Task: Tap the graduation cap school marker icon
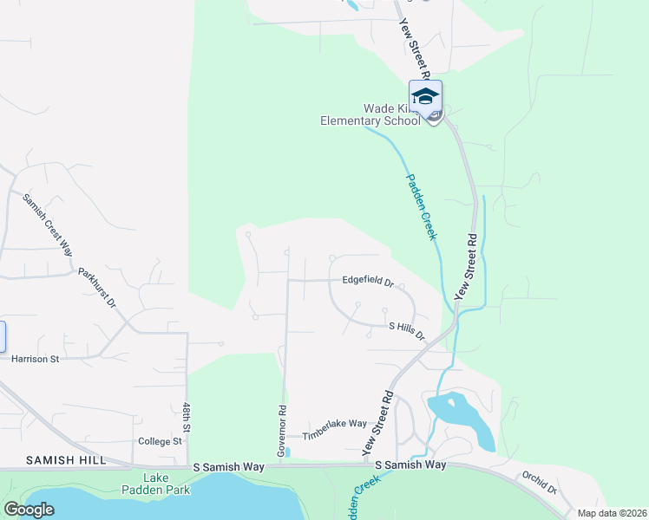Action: pyautogui.click(x=425, y=97)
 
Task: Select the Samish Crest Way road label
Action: pyautogui.click(x=47, y=224)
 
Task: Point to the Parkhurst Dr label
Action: pyautogui.click(x=98, y=287)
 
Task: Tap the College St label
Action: pyautogui.click(x=160, y=441)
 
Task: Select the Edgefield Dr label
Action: pyautogui.click(x=368, y=282)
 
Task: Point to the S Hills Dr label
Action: pyautogui.click(x=407, y=329)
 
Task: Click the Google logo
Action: pyautogui.click(x=29, y=510)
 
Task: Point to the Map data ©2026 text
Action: pyautogui.click(x=611, y=513)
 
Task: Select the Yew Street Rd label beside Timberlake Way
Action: pyautogui.click(x=378, y=424)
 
